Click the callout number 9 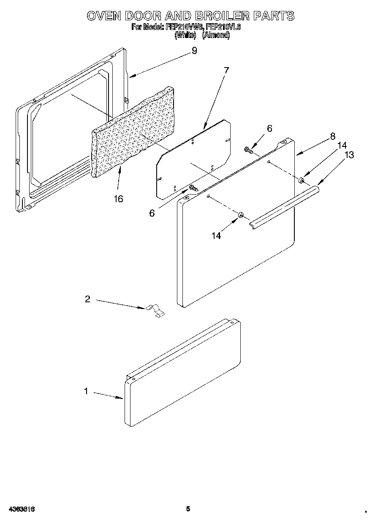194,51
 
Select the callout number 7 226,71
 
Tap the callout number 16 118,198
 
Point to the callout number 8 333,136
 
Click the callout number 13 349,155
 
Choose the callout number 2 87,299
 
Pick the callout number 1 86,391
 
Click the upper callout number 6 269,128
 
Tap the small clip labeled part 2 155,311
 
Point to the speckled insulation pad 133,135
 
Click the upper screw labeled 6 249,149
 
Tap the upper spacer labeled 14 302,181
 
